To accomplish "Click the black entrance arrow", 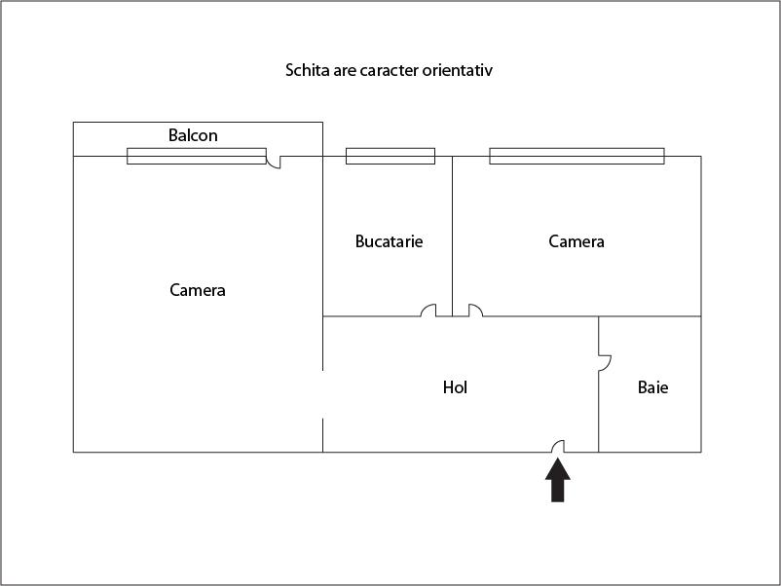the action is (558, 480).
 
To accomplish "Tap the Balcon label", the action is (193, 135).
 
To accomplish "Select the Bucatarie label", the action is (389, 241).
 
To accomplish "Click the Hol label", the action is (455, 387).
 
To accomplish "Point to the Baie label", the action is (652, 387).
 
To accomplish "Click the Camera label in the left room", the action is (198, 290).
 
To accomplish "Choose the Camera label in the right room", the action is (576, 241).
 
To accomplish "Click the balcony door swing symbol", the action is (274, 162).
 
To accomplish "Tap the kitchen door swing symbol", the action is (428, 311).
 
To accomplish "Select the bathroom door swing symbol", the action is (605, 363).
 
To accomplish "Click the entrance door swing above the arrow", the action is (558, 446).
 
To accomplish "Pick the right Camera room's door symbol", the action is (475, 311).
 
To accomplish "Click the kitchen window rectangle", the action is (390, 156).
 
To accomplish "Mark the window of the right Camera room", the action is (576, 156).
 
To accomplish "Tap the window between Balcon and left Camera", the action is (197, 156).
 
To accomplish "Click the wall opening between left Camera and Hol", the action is (322, 394).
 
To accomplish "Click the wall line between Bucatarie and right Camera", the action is (452, 236).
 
